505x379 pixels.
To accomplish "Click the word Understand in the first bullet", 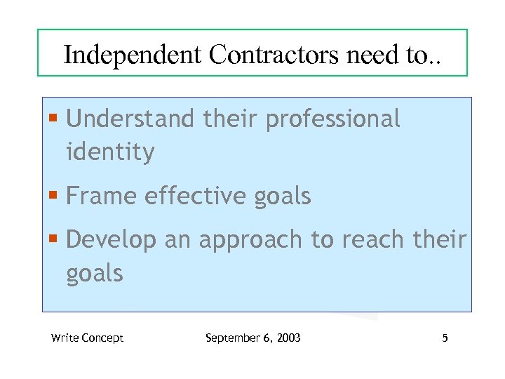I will pos(130,119).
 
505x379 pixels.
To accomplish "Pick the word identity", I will pos(110,152).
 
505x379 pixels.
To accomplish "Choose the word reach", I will pos(375,241).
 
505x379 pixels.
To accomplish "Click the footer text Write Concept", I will pos(87,338).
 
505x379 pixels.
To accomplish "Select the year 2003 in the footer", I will pos(288,338).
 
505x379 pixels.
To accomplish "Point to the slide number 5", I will pos(445,338).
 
